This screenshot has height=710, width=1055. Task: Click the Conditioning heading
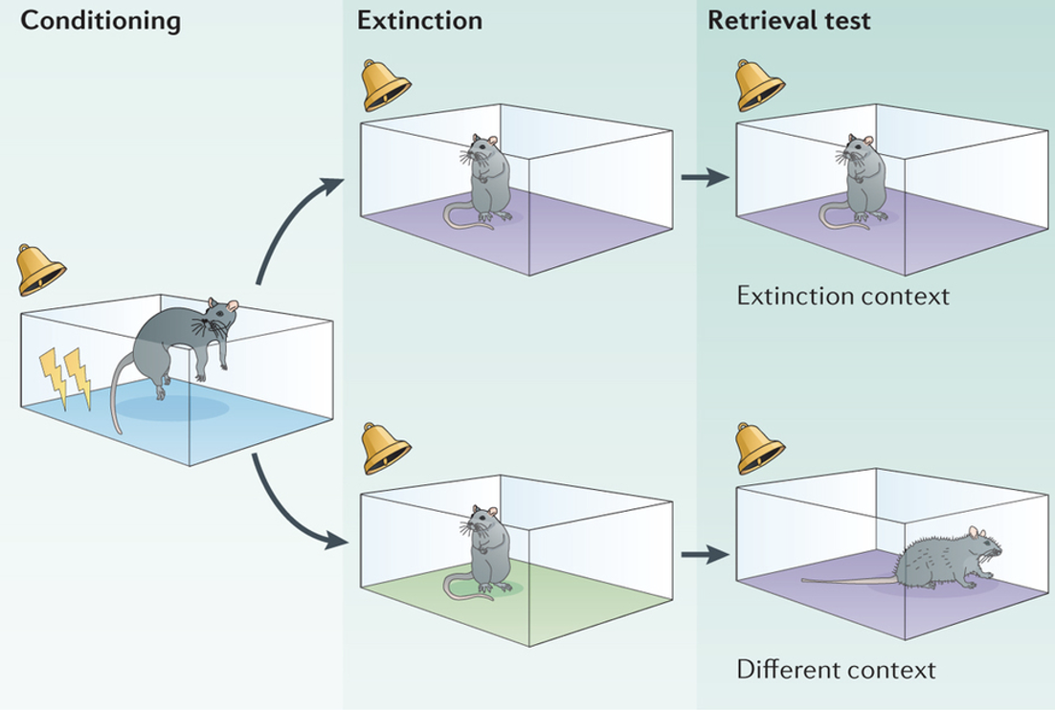coord(101,21)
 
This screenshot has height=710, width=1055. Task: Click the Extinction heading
coord(419,21)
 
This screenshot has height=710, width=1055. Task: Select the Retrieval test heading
coord(789,21)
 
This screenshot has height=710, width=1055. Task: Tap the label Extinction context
coord(842,296)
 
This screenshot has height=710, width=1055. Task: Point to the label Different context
coord(836,669)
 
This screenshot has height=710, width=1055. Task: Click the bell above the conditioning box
coord(41,270)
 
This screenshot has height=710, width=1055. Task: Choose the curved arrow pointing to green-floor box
coord(292,507)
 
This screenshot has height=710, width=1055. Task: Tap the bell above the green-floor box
coord(386,449)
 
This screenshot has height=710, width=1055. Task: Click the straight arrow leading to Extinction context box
coord(705,177)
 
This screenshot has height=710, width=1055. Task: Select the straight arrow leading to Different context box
coord(705,554)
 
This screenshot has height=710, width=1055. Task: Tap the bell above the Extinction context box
coord(760,85)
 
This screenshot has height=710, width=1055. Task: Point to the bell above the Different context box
coord(760,449)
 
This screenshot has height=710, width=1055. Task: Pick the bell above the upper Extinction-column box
coord(386,85)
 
